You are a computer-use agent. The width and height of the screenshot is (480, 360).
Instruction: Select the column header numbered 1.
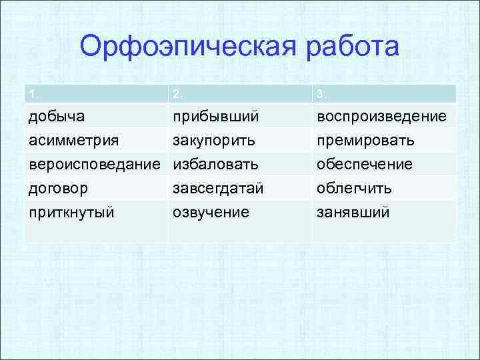[x=32, y=95]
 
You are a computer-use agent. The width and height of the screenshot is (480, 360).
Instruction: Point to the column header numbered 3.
[x=321, y=95]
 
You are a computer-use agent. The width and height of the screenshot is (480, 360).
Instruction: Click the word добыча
[x=56, y=117]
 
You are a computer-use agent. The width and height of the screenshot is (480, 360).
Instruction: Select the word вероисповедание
[x=95, y=164]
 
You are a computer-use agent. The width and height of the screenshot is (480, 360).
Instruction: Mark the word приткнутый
[x=71, y=213]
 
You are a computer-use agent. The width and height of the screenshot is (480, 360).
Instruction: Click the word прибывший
[x=215, y=117]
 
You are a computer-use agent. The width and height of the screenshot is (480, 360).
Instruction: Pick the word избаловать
[x=215, y=164]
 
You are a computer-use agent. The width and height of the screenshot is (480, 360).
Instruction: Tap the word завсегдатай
[x=218, y=189]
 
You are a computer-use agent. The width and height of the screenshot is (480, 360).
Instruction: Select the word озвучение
[x=211, y=213]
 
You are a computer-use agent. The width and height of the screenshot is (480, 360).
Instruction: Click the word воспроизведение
[x=382, y=117]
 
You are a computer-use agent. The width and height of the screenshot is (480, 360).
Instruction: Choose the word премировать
[x=365, y=141]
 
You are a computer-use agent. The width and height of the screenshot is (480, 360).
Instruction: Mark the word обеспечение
[x=365, y=164]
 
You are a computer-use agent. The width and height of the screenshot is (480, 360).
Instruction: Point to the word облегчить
[x=354, y=189]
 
